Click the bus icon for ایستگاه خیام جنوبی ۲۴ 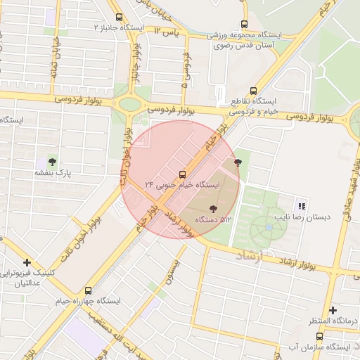[x=183, y=173]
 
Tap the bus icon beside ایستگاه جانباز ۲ [x=118, y=17]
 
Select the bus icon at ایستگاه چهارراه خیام [x=88, y=290]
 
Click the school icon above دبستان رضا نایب [x=302, y=207]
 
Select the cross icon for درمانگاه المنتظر [x=333, y=310]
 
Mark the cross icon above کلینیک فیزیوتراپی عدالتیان [x=27, y=262]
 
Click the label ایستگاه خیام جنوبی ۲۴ [x=182, y=184]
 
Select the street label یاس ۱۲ [x=167, y=32]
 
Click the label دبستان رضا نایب [x=304, y=218]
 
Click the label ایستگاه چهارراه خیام [x=88, y=301]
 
